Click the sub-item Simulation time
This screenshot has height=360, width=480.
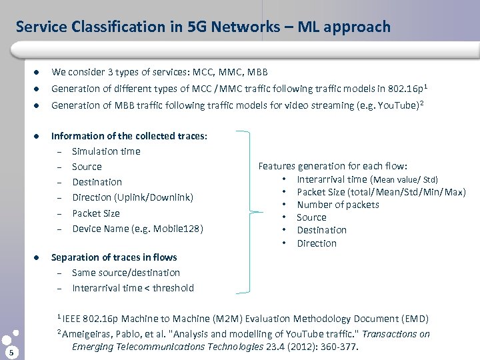point(106,151)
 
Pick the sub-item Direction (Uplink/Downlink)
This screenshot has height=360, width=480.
point(132,197)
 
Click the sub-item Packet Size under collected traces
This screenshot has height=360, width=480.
point(95,213)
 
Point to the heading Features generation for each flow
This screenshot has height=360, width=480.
point(333,166)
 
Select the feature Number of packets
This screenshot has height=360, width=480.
point(337,205)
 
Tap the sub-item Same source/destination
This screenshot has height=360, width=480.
point(125,273)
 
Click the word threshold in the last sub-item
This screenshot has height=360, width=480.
point(172,288)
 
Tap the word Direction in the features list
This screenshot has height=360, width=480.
point(317,243)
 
